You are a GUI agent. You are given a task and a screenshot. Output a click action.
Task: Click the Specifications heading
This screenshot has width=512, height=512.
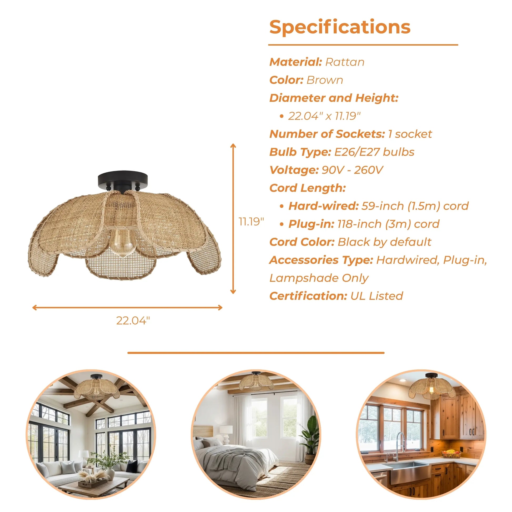click(340, 27)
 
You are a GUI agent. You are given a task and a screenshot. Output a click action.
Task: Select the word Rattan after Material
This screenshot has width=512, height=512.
click(344, 62)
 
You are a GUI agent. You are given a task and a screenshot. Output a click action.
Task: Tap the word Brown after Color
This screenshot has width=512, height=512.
click(325, 80)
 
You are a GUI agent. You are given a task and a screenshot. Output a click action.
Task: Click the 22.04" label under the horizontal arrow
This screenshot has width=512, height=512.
click(133, 321)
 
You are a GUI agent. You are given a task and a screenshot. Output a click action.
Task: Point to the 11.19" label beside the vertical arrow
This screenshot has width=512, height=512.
click(251, 222)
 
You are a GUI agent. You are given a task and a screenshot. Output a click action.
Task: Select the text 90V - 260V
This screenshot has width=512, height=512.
click(353, 170)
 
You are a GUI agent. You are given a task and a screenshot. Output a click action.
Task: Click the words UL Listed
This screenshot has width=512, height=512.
click(377, 296)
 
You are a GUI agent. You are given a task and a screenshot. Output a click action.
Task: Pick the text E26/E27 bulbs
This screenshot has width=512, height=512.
click(374, 152)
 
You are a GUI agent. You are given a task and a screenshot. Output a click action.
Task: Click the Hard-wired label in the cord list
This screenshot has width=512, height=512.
click(324, 206)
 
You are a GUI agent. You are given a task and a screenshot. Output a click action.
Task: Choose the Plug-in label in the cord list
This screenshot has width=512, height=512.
click(312, 224)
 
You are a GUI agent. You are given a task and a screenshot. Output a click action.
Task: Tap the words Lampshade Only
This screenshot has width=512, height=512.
click(319, 278)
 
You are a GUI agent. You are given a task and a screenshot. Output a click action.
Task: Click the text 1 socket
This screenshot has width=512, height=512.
click(410, 134)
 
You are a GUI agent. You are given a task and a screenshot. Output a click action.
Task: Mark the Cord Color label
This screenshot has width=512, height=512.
click(302, 242)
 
